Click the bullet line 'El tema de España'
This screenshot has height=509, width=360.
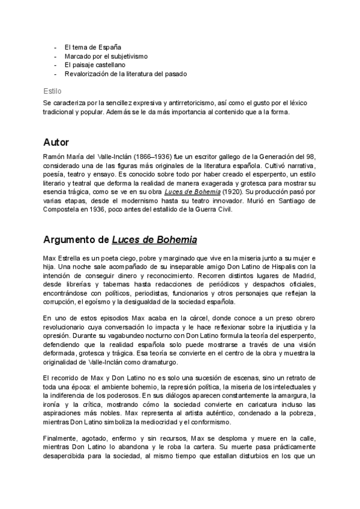[93, 46]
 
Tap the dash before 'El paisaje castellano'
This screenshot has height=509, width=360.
[55, 64]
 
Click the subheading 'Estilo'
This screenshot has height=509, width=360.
[52, 92]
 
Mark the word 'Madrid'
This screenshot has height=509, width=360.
[304, 275]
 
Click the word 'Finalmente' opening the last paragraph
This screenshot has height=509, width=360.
[62, 441]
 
